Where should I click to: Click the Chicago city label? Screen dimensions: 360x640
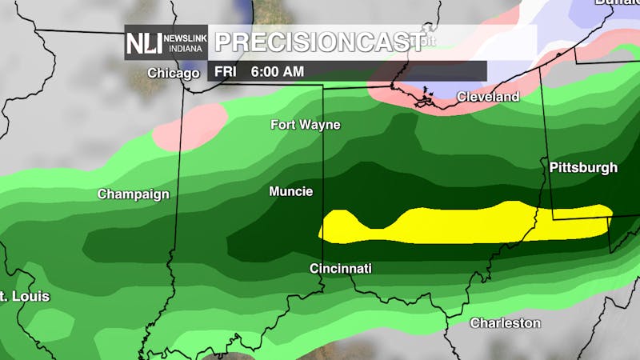(x=173, y=74)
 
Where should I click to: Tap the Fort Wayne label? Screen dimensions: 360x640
(x=305, y=125)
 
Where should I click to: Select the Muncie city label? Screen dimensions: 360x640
(x=290, y=192)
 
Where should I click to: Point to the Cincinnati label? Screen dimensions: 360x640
(x=341, y=269)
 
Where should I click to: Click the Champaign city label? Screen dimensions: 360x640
(x=134, y=194)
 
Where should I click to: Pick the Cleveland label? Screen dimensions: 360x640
(x=487, y=97)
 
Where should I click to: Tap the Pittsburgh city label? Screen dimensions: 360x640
(x=583, y=168)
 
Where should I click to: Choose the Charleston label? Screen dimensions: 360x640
(x=505, y=323)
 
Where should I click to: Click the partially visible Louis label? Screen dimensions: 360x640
(x=25, y=297)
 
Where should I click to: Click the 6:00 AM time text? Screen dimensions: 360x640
(x=278, y=72)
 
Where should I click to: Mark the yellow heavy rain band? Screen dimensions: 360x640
(x=464, y=225)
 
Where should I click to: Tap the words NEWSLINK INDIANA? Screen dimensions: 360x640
(x=186, y=43)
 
